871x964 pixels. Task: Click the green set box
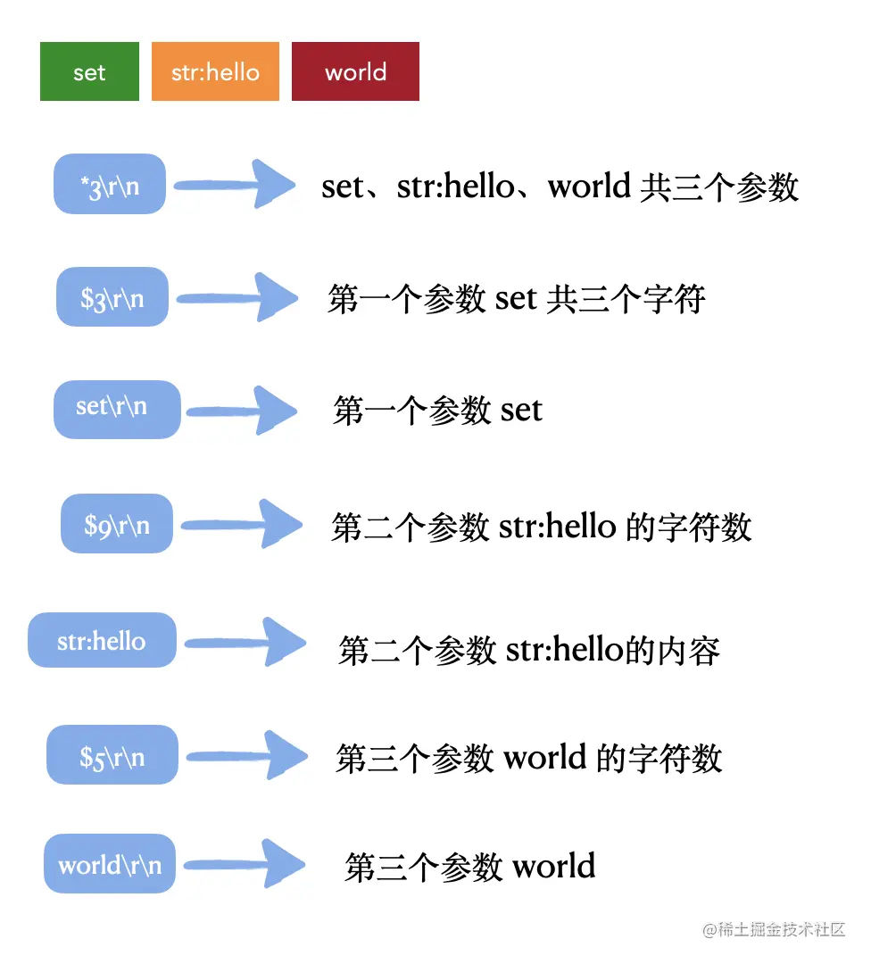89,71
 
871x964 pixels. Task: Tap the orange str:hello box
215,71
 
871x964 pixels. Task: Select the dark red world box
355,71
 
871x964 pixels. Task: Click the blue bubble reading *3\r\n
110,184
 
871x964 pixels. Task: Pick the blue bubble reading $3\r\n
112,296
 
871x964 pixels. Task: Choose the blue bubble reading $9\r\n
117,523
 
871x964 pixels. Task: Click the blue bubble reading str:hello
102,640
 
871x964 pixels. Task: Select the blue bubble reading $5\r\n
112,755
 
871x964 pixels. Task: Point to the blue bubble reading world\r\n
110,864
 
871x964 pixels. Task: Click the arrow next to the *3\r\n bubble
235,186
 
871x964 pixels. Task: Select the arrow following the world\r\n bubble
243,864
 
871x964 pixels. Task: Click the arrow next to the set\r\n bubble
239,411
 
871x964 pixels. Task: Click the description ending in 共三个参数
560,187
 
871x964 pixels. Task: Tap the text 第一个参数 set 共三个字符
517,299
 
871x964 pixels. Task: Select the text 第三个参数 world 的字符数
528,759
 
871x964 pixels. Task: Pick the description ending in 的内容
529,650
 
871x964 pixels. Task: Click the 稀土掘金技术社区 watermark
773,929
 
